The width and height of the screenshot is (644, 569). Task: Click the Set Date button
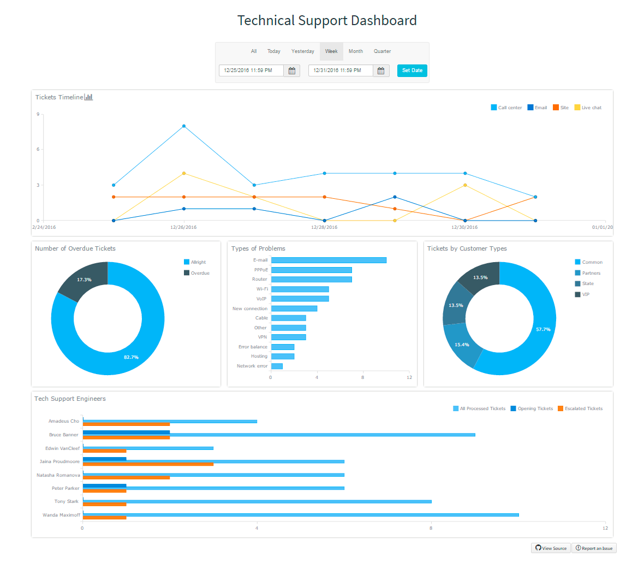pos(412,70)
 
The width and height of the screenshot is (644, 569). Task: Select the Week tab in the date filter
pos(331,51)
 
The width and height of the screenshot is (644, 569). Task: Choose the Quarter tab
pos(382,51)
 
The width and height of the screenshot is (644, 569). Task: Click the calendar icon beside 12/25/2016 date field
pos(292,71)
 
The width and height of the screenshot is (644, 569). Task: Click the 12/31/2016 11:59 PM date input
pos(341,70)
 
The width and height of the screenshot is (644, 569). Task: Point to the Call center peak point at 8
pos(184,126)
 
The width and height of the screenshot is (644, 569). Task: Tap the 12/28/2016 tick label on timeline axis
pos(324,227)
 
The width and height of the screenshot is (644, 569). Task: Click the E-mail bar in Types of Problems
pos(329,260)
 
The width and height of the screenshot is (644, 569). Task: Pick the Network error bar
pos(277,366)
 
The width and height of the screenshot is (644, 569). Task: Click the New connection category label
pos(250,309)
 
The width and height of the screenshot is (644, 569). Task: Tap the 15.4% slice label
pos(462,345)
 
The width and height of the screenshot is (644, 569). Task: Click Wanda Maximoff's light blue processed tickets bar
pos(300,514)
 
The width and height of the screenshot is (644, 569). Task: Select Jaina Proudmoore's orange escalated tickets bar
pos(148,464)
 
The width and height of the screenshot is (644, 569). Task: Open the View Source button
pos(551,548)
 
